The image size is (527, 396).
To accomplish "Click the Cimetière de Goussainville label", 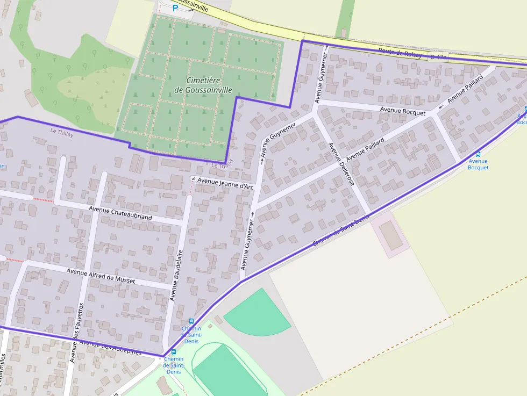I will tap(203, 85).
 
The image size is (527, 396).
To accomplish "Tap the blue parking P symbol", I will tap(175, 8).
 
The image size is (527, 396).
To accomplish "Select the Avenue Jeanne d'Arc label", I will tap(225, 183).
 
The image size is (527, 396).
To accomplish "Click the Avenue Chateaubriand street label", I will tap(120, 213).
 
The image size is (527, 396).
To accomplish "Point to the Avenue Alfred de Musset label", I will tap(101, 276).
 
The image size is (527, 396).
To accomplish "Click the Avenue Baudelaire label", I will tap(176, 275).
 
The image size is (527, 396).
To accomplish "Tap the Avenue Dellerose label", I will tap(341, 164).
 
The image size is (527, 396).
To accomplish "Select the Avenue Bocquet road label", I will tap(402, 111).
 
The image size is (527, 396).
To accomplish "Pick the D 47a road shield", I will tap(438, 57).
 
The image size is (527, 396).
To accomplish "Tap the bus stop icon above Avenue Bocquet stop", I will tap(478, 154).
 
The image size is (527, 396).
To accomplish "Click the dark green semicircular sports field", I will tap(257, 313).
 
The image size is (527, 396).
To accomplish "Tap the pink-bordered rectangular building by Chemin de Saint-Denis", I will tap(390, 235).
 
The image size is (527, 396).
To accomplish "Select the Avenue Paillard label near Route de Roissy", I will tap(465, 89).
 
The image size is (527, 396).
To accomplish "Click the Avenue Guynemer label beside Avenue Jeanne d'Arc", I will tap(248, 244).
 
